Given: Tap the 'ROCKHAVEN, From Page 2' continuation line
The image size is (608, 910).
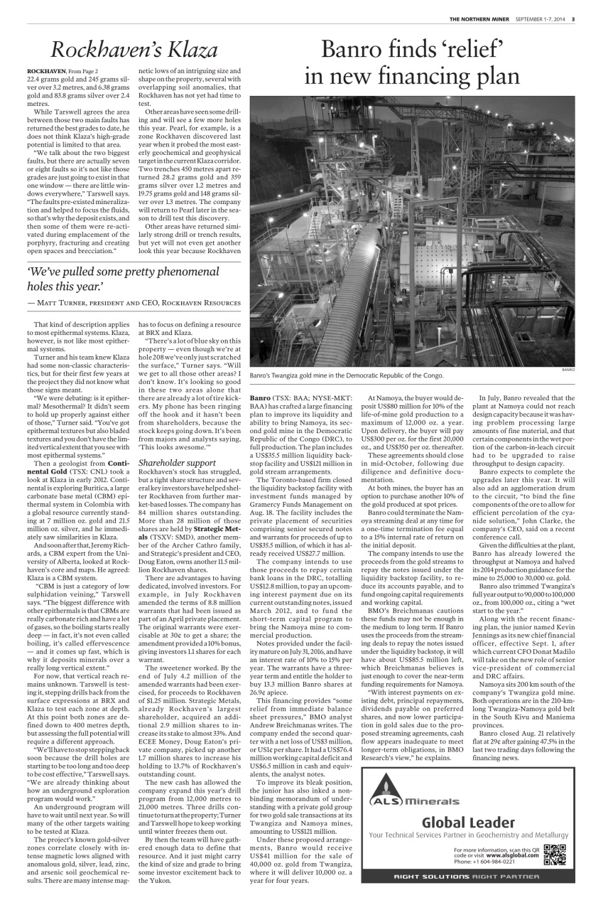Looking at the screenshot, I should (63, 72).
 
